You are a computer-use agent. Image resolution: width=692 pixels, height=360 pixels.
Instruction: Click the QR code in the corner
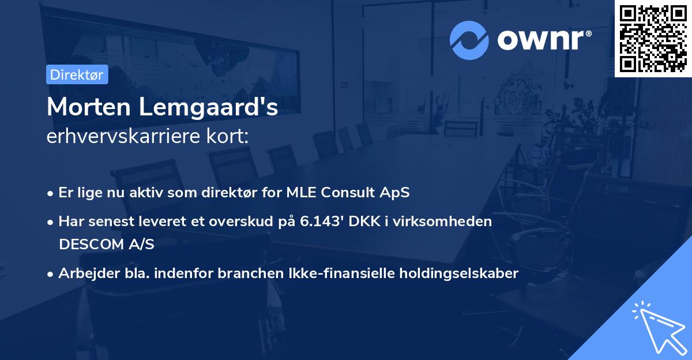pos(653,39)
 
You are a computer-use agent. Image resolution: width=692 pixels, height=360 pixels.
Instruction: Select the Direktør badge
pos(77,74)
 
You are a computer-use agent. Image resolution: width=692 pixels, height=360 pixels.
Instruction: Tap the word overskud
pos(238,222)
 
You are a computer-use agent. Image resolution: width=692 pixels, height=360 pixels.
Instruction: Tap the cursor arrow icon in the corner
pos(657,326)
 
